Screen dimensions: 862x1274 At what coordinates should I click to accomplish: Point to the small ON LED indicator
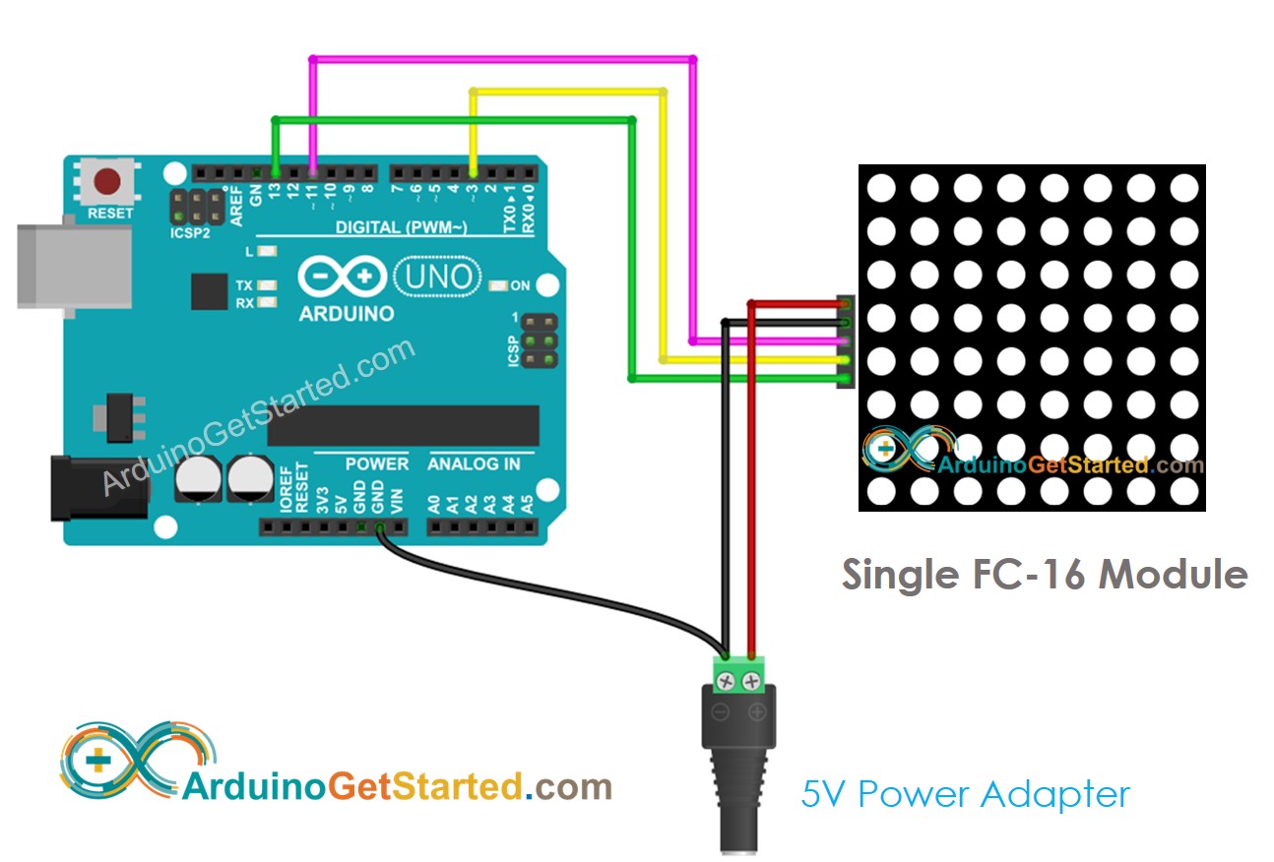tap(497, 286)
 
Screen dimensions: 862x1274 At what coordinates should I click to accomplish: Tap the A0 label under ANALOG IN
tap(434, 505)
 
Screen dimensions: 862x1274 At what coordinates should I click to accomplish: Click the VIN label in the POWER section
tap(397, 502)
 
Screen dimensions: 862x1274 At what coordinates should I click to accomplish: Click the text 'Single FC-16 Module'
tap(1044, 574)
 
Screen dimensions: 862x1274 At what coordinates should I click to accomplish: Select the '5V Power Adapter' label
tap(965, 793)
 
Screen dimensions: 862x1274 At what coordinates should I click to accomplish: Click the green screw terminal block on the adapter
tap(740, 674)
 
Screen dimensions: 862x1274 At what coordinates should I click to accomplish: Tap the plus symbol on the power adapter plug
tap(757, 712)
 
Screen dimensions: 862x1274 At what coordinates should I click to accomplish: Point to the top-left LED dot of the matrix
tap(881, 187)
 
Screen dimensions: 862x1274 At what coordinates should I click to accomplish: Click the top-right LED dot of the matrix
tap(1184, 187)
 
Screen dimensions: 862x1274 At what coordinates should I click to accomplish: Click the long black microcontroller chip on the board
tap(404, 425)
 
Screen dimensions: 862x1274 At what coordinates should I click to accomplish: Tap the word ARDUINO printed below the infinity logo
tap(346, 314)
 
